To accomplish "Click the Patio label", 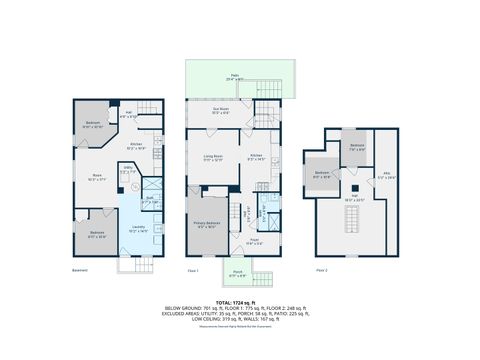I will pyautogui.click(x=235, y=76).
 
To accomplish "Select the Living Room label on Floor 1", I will pyautogui.click(x=213, y=157).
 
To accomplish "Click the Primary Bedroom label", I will pyautogui.click(x=206, y=224).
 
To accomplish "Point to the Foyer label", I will pyautogui.click(x=255, y=240).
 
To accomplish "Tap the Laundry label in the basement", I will pyautogui.click(x=137, y=228).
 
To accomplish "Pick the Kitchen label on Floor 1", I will pyautogui.click(x=256, y=156).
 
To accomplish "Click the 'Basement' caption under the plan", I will pyautogui.click(x=80, y=271).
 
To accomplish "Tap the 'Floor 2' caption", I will pyautogui.click(x=322, y=271).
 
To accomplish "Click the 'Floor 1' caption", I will pyautogui.click(x=192, y=271).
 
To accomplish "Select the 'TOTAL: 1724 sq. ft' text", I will pyautogui.click(x=239, y=300).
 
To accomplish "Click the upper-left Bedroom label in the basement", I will pyautogui.click(x=92, y=124).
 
